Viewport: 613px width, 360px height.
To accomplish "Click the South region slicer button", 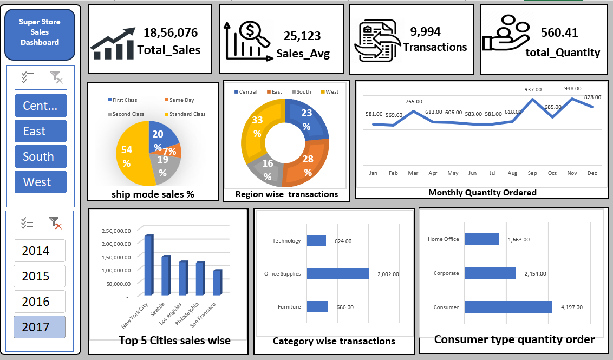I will pyautogui.click(x=41, y=156).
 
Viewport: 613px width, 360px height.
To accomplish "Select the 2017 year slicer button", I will pyautogui.click(x=40, y=327).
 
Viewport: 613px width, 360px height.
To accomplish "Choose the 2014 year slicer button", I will pyautogui.click(x=40, y=251).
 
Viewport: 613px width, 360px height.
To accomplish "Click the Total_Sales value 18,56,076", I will pyautogui.click(x=170, y=33).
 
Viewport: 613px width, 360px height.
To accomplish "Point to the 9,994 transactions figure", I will pyautogui.click(x=425, y=32).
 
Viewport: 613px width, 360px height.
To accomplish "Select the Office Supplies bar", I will pyautogui.click(x=337, y=273).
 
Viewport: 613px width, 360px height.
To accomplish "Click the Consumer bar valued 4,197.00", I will pyautogui.click(x=508, y=307).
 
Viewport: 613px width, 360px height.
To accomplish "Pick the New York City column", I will pyautogui.click(x=149, y=265).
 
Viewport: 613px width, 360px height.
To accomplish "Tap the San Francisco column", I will pyautogui.click(x=217, y=282).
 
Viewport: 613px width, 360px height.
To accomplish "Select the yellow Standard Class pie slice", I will pyautogui.click(x=131, y=155).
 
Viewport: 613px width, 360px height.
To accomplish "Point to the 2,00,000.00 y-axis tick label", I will pyautogui.click(x=116, y=244).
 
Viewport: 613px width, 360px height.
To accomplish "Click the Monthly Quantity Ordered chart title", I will pyautogui.click(x=482, y=192).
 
